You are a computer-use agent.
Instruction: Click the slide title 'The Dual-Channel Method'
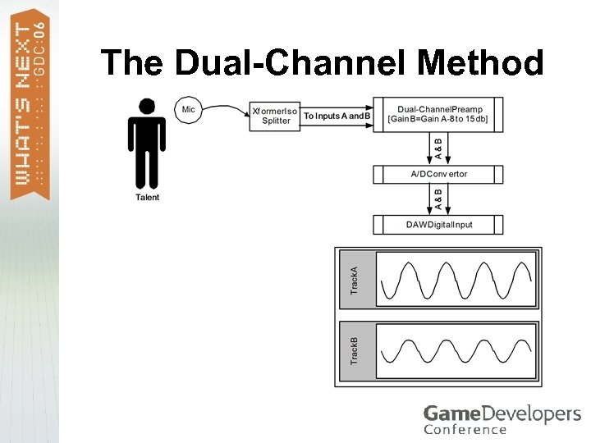click(x=322, y=62)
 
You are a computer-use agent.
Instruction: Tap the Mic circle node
click(x=188, y=109)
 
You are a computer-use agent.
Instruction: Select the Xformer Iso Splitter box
click(x=275, y=115)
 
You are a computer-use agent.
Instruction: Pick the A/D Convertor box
click(x=439, y=174)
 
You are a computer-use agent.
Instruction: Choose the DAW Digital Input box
click(x=439, y=224)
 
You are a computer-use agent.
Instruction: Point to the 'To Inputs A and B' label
click(x=337, y=116)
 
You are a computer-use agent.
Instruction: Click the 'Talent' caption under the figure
click(x=148, y=197)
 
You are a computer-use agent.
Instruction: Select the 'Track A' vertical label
click(x=355, y=281)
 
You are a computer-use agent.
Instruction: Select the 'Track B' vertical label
click(x=355, y=350)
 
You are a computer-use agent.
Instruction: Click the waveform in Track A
click(x=456, y=280)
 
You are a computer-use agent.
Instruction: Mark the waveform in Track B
click(x=456, y=350)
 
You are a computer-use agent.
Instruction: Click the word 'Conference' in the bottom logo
click(x=465, y=429)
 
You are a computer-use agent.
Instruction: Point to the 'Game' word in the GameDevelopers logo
click(x=448, y=413)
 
